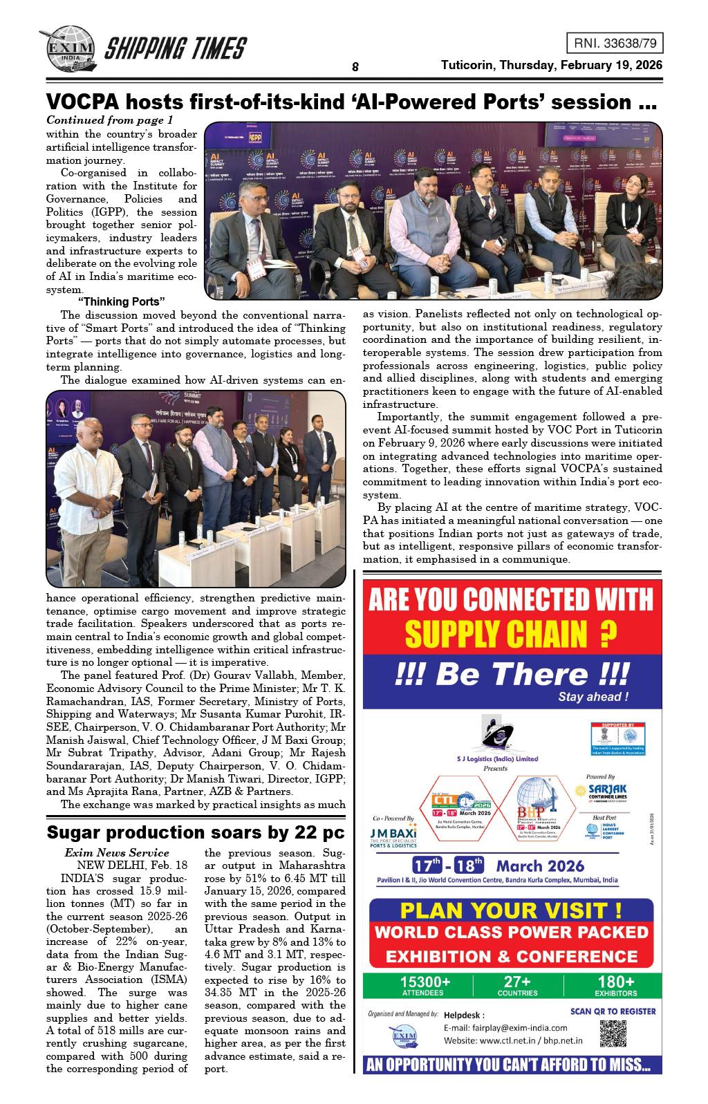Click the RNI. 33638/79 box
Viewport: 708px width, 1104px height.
tap(614, 44)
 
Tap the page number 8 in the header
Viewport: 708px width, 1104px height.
tap(355, 67)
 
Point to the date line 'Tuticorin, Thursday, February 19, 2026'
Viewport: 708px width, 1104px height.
tap(552, 65)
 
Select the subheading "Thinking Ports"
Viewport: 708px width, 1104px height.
tap(121, 301)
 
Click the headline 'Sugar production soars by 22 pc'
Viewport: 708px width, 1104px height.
tap(195, 832)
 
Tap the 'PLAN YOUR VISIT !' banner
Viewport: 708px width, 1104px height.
tap(511, 909)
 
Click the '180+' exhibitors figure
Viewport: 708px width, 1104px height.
tap(615, 982)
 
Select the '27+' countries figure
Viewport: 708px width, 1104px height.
tap(517, 982)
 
